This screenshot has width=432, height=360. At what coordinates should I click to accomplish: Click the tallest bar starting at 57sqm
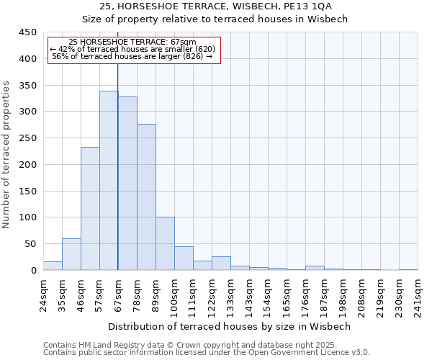[x=109, y=180]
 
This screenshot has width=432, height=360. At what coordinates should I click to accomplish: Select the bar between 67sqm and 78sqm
[x=127, y=184]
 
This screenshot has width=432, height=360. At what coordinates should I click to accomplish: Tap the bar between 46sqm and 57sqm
[x=90, y=209]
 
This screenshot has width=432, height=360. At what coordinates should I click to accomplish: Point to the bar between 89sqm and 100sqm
[x=165, y=243]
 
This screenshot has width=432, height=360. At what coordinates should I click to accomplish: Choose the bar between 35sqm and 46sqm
[x=71, y=254]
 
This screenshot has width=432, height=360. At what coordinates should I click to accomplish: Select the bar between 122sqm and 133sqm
[x=221, y=263]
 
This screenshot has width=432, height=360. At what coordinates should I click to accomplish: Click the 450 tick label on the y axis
[x=27, y=32]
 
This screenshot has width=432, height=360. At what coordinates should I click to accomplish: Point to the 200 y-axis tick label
[x=27, y=165]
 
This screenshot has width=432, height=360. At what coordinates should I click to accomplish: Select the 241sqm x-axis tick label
[x=418, y=292]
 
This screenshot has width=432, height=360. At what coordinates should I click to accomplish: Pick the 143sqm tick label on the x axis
[x=249, y=292]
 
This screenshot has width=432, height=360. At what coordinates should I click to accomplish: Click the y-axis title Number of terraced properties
[x=7, y=155]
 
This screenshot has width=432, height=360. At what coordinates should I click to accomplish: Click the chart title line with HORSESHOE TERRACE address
[x=216, y=6]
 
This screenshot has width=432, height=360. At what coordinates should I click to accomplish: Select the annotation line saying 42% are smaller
[x=133, y=49]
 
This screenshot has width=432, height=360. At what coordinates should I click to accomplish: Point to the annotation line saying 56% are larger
[x=133, y=56]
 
